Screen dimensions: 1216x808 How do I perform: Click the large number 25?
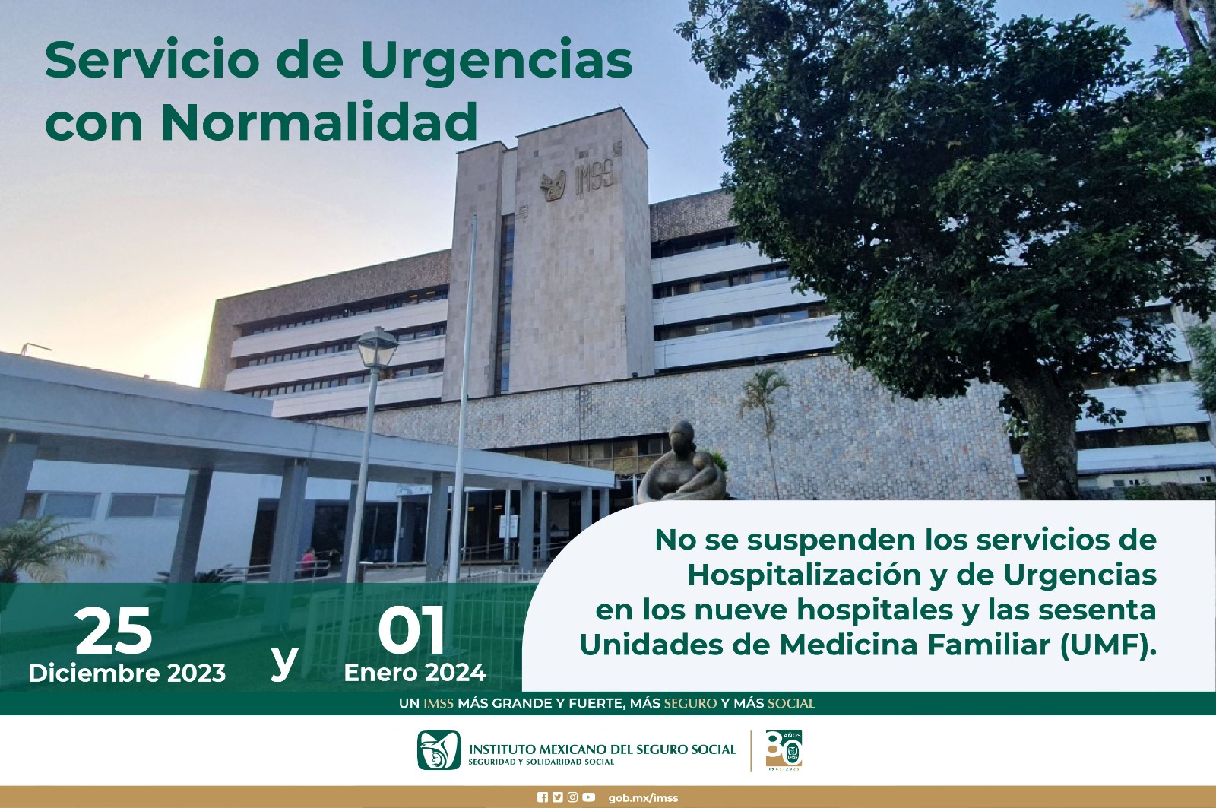(113, 631)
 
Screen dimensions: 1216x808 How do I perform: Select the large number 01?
(411, 631)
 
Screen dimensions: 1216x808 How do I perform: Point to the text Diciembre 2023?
(127, 673)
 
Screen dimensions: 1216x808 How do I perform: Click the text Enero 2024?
(415, 673)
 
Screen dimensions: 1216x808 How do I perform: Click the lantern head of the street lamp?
(377, 348)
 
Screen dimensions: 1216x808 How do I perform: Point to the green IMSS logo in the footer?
(439, 750)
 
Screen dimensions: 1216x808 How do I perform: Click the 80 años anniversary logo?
(784, 750)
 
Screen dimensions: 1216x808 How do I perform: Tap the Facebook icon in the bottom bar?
(543, 797)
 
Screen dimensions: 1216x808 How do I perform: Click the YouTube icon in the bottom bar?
(588, 797)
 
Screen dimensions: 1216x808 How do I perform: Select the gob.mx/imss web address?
(643, 797)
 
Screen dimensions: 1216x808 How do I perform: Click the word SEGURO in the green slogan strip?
(690, 703)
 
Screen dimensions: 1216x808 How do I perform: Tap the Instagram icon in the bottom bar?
(573, 797)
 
